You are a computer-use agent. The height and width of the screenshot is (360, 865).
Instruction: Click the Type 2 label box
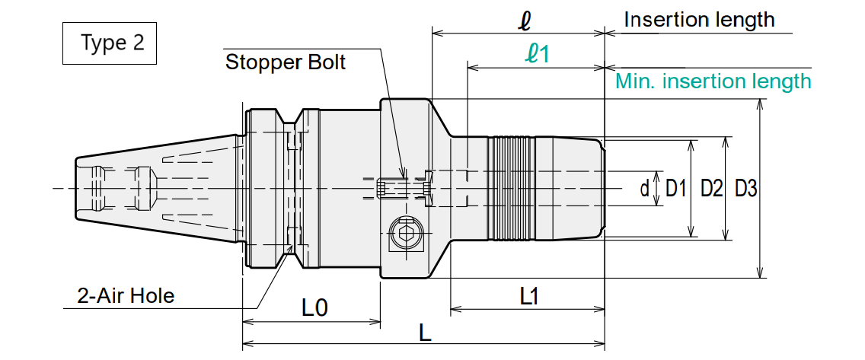110,43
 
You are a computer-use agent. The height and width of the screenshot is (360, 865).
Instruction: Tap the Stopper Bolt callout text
286,62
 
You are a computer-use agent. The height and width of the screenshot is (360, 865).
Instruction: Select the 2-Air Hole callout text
126,296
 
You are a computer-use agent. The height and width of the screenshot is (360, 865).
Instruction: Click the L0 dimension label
315,307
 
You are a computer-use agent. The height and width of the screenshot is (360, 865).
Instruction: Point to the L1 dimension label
530,297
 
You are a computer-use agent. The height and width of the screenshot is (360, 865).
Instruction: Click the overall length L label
425,333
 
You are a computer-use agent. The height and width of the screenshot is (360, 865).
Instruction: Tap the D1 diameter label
676,189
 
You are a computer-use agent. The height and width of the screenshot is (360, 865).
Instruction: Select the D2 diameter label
712,189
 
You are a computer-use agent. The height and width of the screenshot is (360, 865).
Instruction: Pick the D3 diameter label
746,189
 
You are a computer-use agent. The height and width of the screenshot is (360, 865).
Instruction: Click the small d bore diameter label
644,189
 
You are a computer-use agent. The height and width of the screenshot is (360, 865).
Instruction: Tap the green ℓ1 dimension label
537,54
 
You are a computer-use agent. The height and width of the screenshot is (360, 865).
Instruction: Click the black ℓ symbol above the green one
524,21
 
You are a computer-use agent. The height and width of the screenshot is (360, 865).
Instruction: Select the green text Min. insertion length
713,81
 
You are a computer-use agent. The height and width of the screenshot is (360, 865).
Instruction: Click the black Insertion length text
699,20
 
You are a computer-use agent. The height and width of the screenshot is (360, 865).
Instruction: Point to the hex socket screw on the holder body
407,234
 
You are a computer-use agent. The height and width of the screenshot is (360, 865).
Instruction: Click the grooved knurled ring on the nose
511,189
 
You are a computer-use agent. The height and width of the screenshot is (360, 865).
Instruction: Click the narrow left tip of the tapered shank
77,189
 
